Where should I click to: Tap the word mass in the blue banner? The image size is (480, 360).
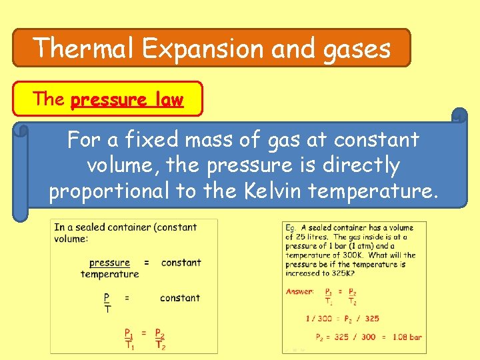point(187,140)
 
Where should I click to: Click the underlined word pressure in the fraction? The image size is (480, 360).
point(109,263)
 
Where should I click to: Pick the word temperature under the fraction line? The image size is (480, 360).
point(110,274)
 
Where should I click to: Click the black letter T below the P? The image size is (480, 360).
point(107,309)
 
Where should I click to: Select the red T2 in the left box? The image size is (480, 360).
point(160,345)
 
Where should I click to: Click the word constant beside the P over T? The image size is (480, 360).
point(180,298)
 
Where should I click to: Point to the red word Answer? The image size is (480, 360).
point(300,291)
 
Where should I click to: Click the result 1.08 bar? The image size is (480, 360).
point(407,337)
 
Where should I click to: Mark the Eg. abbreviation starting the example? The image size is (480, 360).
point(291,227)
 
